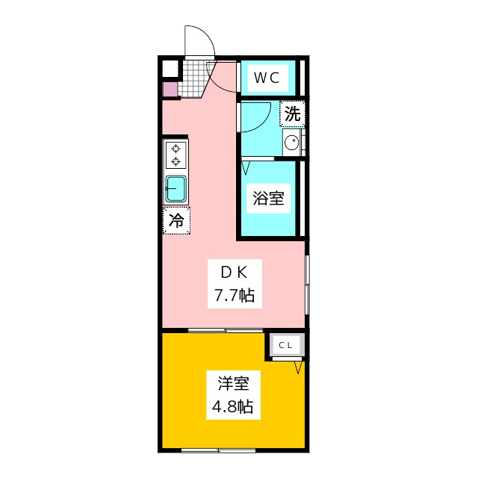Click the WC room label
click(x=267, y=78)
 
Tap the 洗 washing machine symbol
click(x=293, y=114)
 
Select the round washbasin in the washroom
click(x=292, y=143)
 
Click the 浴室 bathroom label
click(x=268, y=198)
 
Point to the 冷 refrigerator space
click(x=176, y=220)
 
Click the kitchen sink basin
click(x=176, y=189)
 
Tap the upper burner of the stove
click(x=176, y=149)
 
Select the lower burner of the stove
click(x=176, y=161)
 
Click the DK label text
click(x=234, y=273)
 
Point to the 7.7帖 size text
click(x=235, y=295)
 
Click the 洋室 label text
click(x=234, y=384)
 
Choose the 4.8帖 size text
click(x=232, y=406)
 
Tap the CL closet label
click(x=285, y=345)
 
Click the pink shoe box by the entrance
click(x=170, y=90)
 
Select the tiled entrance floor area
click(x=193, y=78)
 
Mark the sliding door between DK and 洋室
click(x=226, y=330)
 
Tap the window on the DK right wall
click(x=307, y=285)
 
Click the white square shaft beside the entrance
click(x=170, y=69)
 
